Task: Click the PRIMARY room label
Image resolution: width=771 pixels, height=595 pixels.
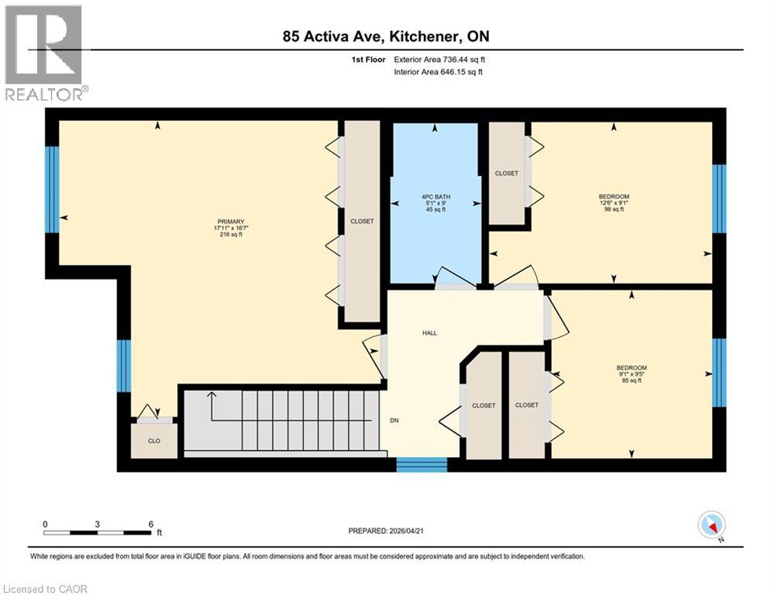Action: [230, 222]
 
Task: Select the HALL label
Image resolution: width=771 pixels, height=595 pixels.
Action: [429, 333]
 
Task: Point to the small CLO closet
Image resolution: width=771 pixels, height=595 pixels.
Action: [154, 441]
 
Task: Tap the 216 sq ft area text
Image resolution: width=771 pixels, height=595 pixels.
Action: [230, 235]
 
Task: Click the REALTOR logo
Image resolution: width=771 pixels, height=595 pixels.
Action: [45, 52]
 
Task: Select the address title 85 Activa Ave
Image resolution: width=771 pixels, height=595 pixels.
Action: [385, 36]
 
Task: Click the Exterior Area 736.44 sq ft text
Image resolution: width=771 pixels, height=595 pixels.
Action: [439, 59]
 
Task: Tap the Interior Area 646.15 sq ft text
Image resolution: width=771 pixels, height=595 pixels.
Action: [439, 72]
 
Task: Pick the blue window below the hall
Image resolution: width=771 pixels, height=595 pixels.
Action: [422, 464]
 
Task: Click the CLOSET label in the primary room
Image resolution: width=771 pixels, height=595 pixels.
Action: [362, 222]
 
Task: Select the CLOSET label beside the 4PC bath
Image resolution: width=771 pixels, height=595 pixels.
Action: [507, 174]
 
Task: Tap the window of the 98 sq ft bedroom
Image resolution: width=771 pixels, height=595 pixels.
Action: [719, 198]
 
